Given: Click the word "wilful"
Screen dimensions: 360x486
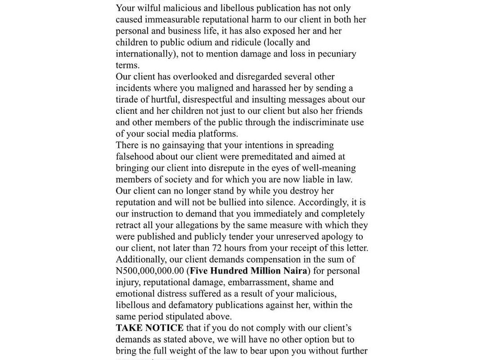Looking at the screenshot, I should tap(148, 8).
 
